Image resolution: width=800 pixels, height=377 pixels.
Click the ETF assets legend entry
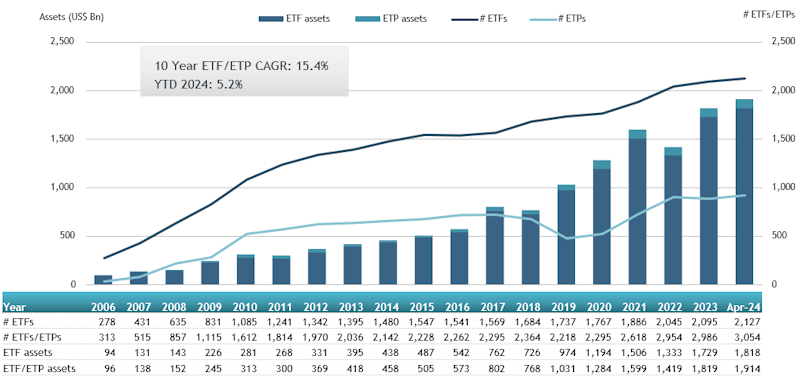point(294,19)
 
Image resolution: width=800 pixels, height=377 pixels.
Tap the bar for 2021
point(637,207)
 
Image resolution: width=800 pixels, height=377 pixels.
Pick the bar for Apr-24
point(744,192)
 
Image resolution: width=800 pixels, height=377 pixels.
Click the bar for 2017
point(495,246)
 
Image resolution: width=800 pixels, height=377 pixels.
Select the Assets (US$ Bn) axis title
point(72,17)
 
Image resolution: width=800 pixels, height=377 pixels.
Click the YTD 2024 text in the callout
point(178,85)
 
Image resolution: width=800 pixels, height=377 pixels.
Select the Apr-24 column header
point(744,308)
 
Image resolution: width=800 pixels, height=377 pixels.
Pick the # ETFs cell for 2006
point(109,322)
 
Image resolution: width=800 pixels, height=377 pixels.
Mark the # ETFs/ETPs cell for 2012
point(315,337)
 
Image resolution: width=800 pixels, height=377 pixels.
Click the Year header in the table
point(14,308)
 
